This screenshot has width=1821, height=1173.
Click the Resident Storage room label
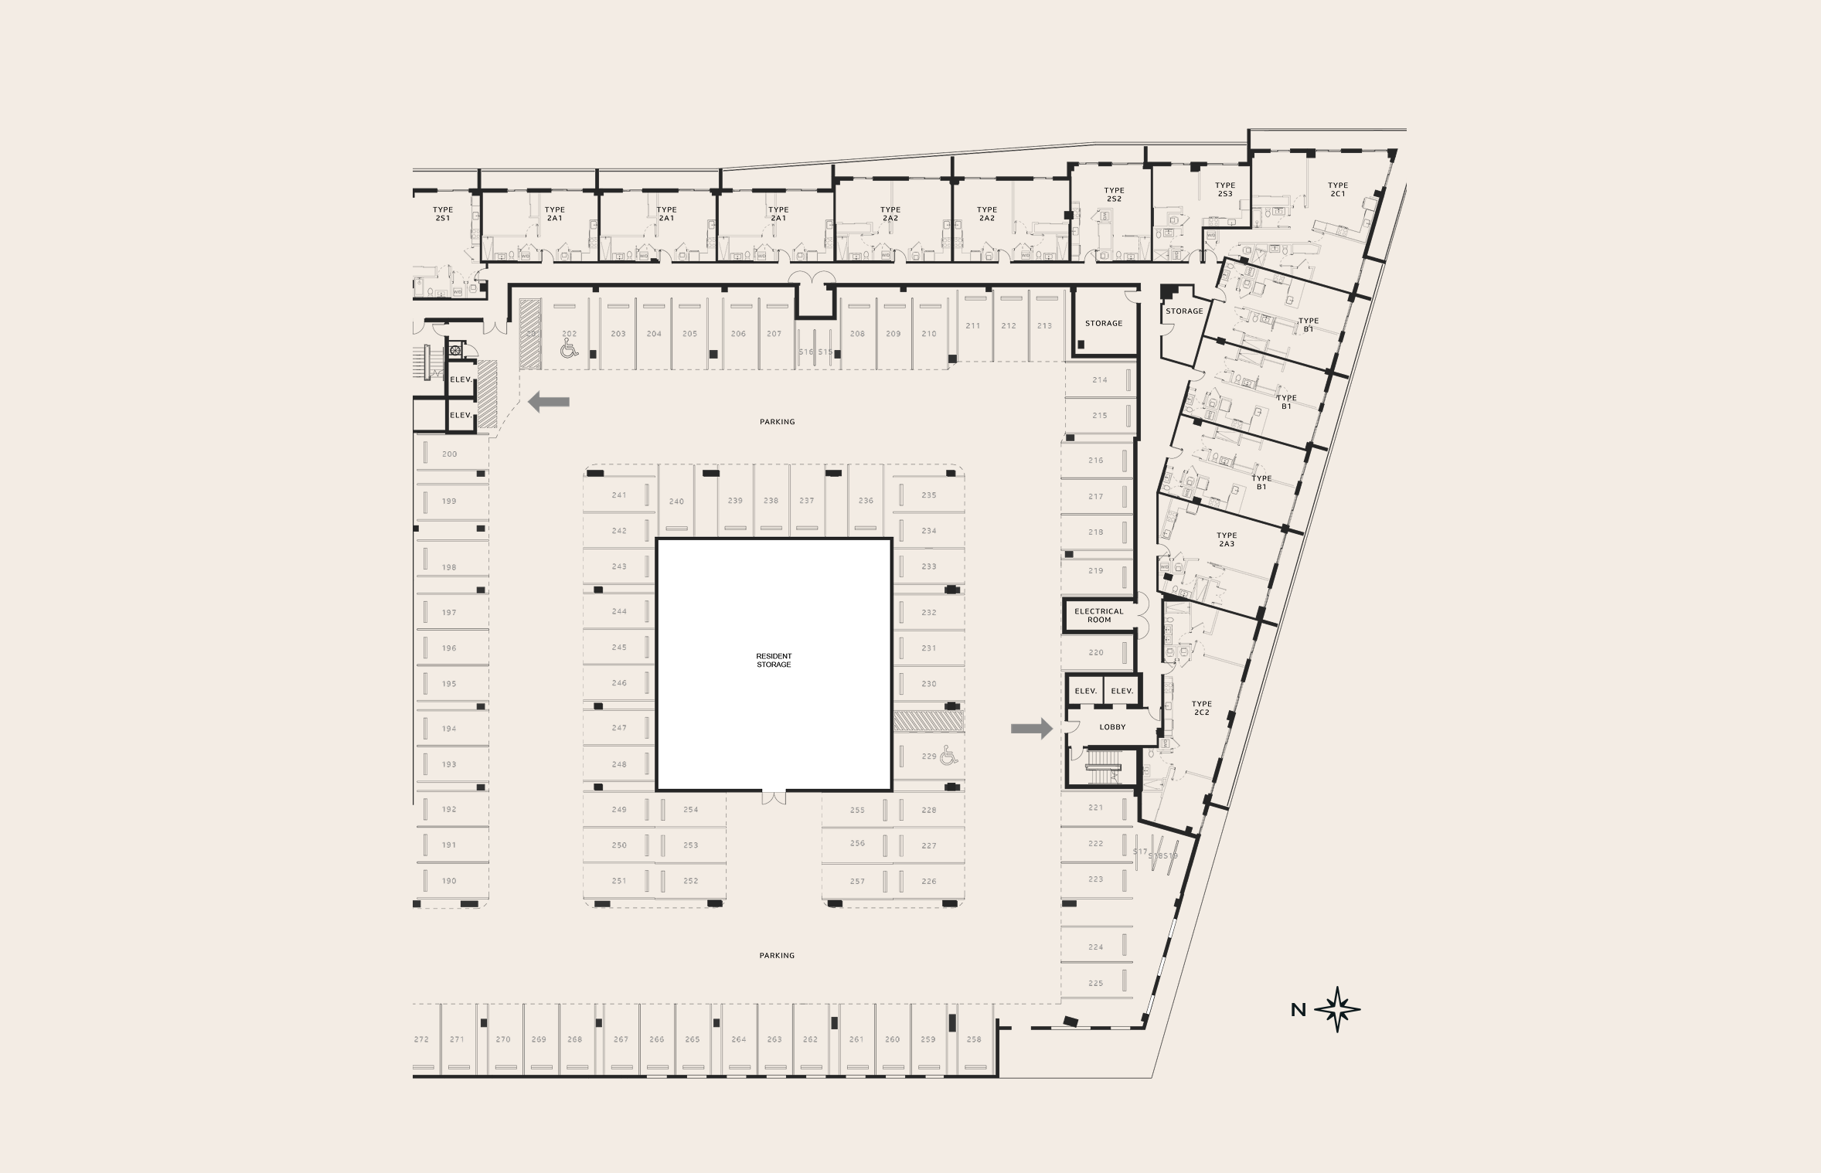pyautogui.click(x=774, y=661)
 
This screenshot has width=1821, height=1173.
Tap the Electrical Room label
pyautogui.click(x=1098, y=615)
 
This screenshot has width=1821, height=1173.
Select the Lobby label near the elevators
pyautogui.click(x=1112, y=727)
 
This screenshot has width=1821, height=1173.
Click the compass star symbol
pyautogui.click(x=1337, y=1009)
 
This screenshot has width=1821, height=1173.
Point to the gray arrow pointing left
pyautogui.click(x=549, y=402)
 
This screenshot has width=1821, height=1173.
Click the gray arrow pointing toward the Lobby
pyautogui.click(x=1032, y=728)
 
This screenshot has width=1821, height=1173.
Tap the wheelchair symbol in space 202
pyautogui.click(x=569, y=349)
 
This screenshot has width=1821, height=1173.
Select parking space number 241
pyautogui.click(x=619, y=495)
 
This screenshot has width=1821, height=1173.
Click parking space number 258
pyautogui.click(x=974, y=1039)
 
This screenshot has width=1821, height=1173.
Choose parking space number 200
pyautogui.click(x=449, y=454)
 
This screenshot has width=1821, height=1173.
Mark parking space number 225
pyautogui.click(x=1095, y=984)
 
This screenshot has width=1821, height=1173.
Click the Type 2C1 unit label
pyautogui.click(x=1338, y=189)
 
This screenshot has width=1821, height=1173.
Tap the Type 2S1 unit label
pyautogui.click(x=443, y=214)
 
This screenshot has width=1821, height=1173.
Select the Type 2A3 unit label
pyautogui.click(x=1227, y=539)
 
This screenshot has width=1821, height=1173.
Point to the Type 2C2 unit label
pyautogui.click(x=1201, y=708)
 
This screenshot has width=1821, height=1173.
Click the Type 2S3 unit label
pyautogui.click(x=1225, y=189)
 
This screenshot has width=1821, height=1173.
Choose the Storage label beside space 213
pyautogui.click(x=1103, y=324)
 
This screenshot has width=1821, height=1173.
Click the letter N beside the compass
pyautogui.click(x=1299, y=1010)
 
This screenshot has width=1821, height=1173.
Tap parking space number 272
pyautogui.click(x=421, y=1039)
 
